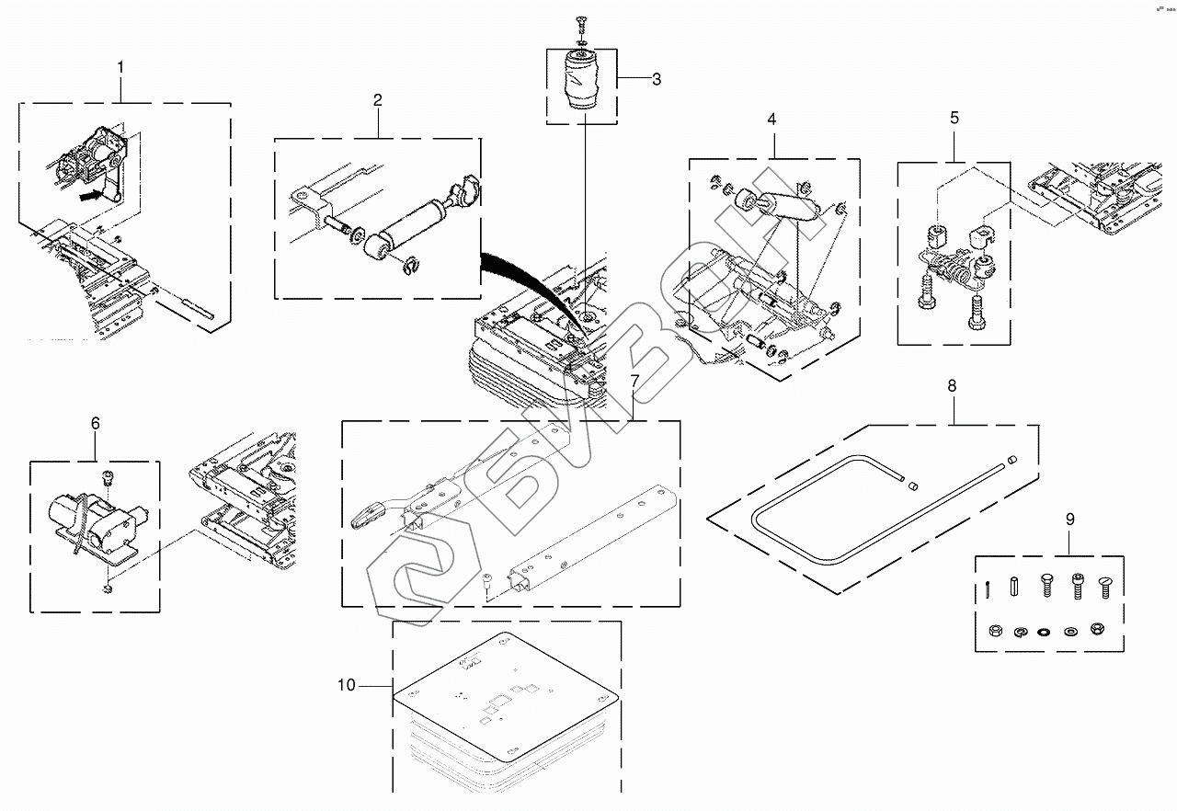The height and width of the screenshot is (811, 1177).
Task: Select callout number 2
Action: [x=378, y=100]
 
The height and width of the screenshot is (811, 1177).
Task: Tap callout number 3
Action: [x=657, y=80]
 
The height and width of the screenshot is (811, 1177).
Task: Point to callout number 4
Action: [x=771, y=120]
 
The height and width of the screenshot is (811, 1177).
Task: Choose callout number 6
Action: [x=95, y=423]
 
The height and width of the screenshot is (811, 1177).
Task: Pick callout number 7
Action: [x=634, y=381]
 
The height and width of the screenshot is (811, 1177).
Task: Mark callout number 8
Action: [x=952, y=386]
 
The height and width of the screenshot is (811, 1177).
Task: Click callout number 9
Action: [x=1070, y=520]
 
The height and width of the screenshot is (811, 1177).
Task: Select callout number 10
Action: [x=346, y=685]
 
